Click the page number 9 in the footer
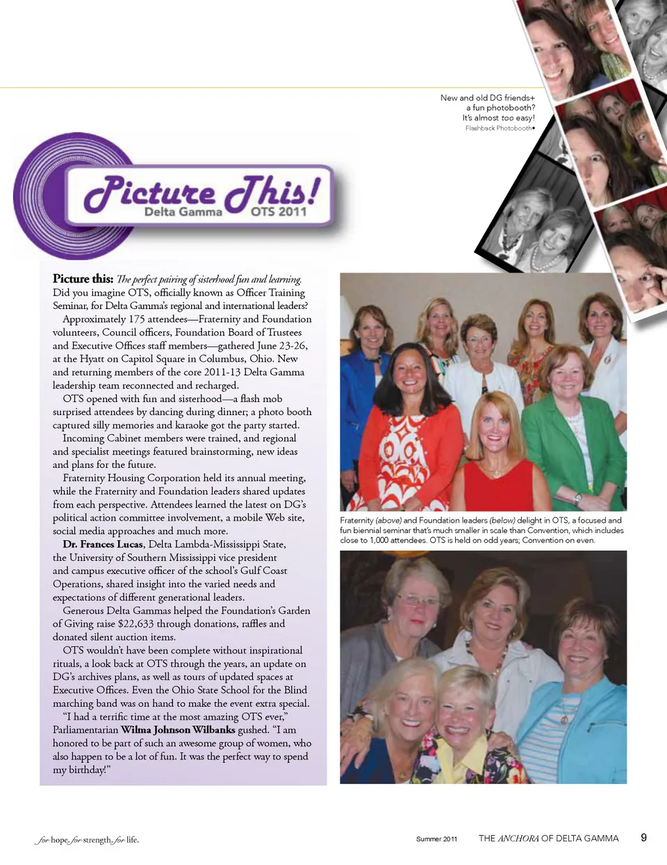tap(643, 837)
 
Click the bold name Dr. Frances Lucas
tap(103, 544)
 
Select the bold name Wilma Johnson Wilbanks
tap(178, 730)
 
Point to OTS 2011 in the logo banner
tap(278, 212)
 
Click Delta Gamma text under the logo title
tap(183, 212)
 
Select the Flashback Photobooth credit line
tap(499, 128)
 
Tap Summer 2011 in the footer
tap(436, 839)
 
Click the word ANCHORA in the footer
tap(518, 839)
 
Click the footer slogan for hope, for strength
tap(87, 840)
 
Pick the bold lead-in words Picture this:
tap(83, 279)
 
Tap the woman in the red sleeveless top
tap(496, 458)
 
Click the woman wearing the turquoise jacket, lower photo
tap(580, 701)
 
